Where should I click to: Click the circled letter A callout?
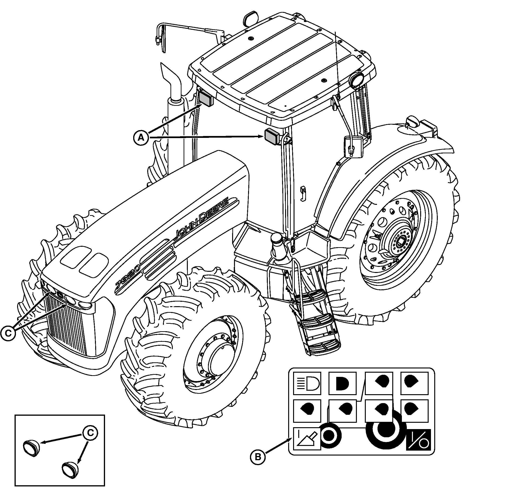coord(141,137)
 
